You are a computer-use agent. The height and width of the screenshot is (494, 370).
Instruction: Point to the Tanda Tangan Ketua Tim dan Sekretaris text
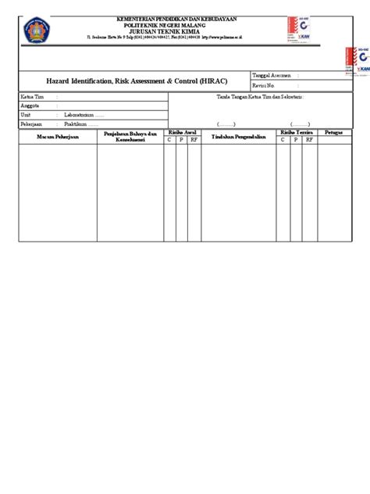[x=259, y=96]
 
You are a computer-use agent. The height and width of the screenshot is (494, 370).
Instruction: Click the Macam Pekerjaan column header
[x=57, y=137]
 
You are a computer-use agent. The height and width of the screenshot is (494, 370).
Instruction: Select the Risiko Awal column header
[x=182, y=133]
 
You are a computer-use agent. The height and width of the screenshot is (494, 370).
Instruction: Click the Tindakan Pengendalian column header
[x=240, y=137]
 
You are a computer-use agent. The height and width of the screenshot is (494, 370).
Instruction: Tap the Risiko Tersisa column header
[x=297, y=133]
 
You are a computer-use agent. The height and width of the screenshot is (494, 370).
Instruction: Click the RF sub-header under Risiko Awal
[x=196, y=141]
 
